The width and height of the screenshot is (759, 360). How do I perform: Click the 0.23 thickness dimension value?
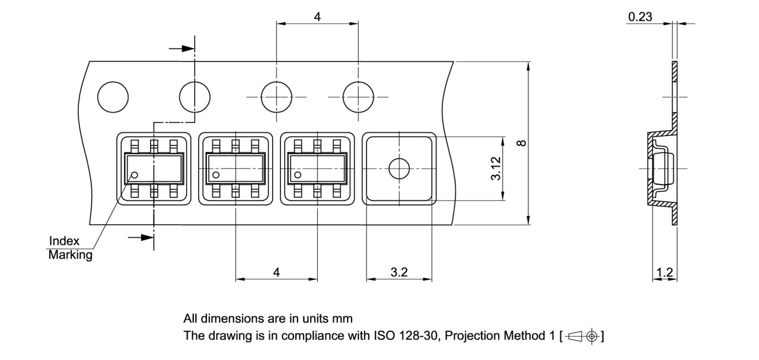point(640,17)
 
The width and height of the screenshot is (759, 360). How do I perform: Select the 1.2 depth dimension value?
point(665,272)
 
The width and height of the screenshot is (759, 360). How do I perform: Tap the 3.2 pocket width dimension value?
point(399,272)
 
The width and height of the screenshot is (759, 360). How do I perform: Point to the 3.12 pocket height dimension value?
point(497,168)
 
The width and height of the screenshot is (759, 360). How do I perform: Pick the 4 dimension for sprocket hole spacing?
point(317,17)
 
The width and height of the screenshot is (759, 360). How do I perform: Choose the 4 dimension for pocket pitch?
point(276,272)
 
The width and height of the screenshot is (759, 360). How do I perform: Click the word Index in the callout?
point(64,241)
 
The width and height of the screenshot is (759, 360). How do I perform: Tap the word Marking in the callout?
point(70,255)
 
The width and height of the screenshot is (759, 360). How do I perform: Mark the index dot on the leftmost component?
point(135,175)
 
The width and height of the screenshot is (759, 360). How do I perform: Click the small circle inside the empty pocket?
point(399,168)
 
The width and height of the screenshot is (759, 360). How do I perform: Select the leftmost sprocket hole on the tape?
point(113,97)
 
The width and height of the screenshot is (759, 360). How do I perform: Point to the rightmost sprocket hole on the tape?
point(359,97)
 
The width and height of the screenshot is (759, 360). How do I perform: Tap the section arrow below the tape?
point(141,237)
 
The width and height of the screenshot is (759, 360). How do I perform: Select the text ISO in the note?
point(383,336)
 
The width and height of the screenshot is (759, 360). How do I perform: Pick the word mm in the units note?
point(344,318)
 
